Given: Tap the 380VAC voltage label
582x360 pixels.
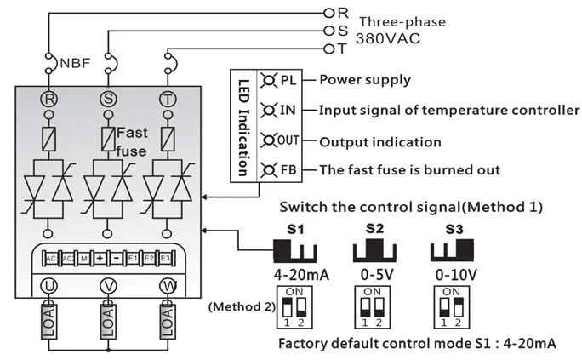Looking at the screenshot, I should [x=386, y=39].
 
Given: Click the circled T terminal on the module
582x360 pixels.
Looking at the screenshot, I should [x=168, y=99].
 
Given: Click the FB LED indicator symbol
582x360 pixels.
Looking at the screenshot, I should [x=269, y=169].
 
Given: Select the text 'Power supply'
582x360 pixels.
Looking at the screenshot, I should [x=364, y=81].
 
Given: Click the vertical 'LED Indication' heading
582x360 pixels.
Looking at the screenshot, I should [x=243, y=124].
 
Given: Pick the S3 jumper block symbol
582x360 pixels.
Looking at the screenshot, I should [x=454, y=249].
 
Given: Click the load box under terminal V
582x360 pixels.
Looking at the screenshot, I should [x=108, y=324].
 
